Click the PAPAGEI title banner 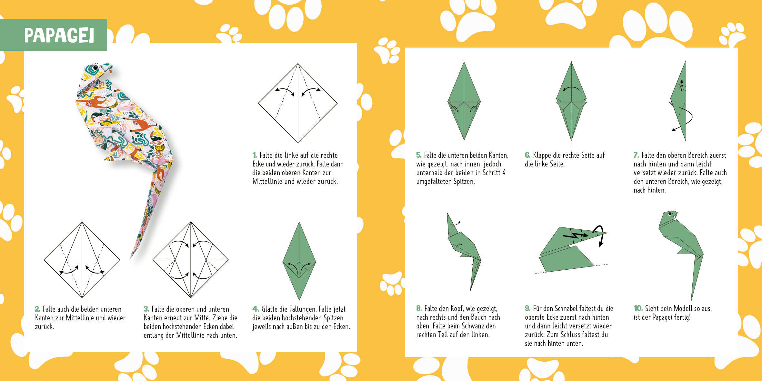(x=54, y=35)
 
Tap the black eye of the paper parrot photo (x=95, y=68)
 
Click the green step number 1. (x=255, y=155)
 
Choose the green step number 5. (x=419, y=155)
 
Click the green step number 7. (x=636, y=155)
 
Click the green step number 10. (x=638, y=308)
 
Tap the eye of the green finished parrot (x=669, y=214)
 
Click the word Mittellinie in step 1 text (x=267, y=182)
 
